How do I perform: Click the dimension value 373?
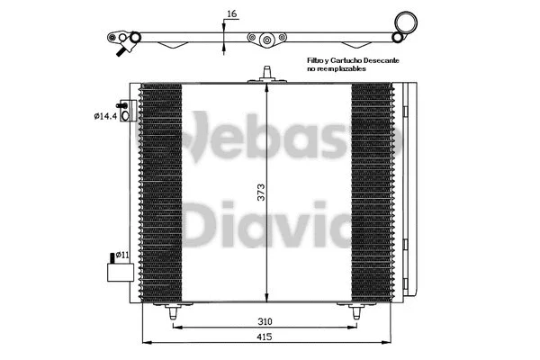(259, 190)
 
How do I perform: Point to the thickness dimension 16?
(232, 14)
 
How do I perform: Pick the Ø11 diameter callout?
(123, 256)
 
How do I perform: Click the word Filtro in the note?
(317, 58)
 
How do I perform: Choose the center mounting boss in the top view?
(266, 40)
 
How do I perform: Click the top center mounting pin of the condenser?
(266, 74)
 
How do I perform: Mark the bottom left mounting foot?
(170, 310)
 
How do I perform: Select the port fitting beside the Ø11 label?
(113, 269)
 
